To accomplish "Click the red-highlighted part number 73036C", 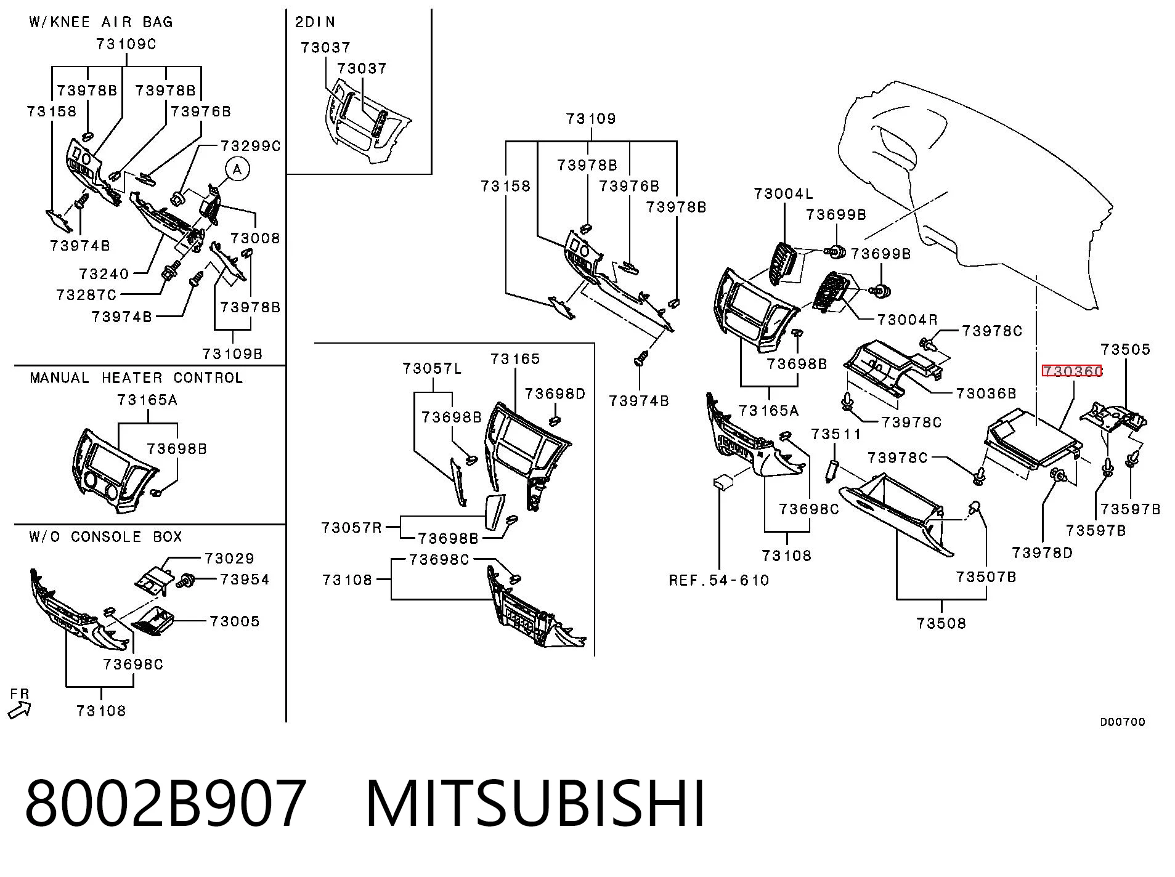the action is click(x=1071, y=371).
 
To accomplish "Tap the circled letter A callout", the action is click(x=237, y=169).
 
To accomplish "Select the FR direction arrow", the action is click(x=19, y=711).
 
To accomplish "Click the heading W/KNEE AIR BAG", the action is click(x=101, y=22).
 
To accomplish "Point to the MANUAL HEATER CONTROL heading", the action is click(x=136, y=378).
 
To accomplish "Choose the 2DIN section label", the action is click(x=315, y=22).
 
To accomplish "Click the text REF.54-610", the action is click(x=719, y=580).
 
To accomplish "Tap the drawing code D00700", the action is click(x=1123, y=722).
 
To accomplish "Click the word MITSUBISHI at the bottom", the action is click(x=535, y=804).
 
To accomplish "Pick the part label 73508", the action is click(x=941, y=623).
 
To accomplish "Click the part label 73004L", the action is click(x=783, y=194).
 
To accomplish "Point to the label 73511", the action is click(x=836, y=434).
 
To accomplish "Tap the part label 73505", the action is click(x=1126, y=349).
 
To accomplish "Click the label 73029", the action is click(x=229, y=559).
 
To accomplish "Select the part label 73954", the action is click(x=245, y=580).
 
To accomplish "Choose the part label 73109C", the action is click(x=126, y=44).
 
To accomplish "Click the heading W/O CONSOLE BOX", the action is click(x=106, y=536).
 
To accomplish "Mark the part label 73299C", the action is click(x=250, y=146).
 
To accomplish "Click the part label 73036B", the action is click(x=986, y=393).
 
